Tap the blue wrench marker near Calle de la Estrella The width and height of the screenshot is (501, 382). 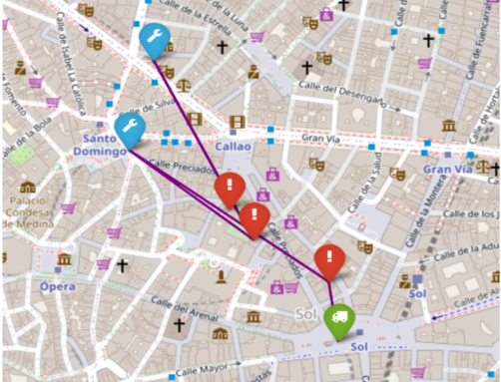(154, 39)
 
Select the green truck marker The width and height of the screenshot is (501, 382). (338, 318)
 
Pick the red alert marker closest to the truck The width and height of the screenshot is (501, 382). (329, 260)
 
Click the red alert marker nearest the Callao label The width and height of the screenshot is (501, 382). (231, 186)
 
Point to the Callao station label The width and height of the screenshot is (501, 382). (233, 146)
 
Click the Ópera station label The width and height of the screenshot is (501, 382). (57, 286)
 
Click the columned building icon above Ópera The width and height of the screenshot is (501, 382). (64, 260)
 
